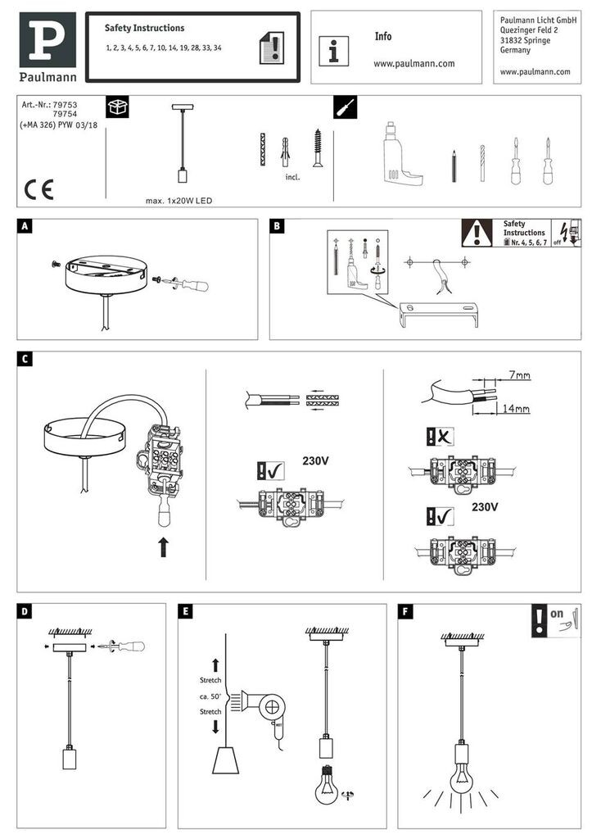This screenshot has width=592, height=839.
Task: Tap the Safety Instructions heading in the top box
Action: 144,28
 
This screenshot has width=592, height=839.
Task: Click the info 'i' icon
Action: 333,51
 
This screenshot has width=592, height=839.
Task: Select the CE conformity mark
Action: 38,189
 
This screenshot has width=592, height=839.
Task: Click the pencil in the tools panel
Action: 452,166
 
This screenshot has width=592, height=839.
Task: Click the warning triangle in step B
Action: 477,234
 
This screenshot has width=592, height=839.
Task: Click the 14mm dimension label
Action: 516,407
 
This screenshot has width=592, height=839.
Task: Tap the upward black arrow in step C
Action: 163,546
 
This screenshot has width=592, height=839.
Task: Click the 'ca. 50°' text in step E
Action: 210,696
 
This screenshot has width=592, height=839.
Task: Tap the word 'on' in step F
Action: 557,612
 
